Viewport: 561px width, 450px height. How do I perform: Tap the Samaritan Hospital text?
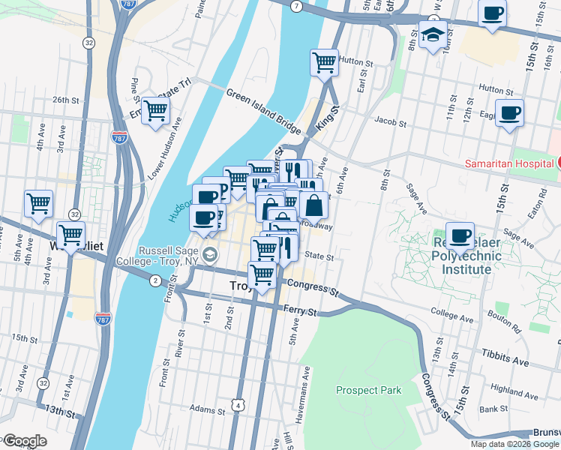click(x=509, y=163)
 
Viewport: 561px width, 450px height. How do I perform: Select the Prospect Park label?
click(x=368, y=390)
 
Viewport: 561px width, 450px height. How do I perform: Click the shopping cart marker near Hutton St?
click(x=324, y=62)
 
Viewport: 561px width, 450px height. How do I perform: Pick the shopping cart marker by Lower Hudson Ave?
click(x=155, y=111)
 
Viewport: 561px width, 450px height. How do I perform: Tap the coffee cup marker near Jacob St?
click(x=509, y=114)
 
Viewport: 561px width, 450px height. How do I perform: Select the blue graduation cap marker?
click(x=433, y=34)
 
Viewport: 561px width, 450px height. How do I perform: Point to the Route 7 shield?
click(x=297, y=7)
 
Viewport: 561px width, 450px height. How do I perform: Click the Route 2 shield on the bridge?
click(x=155, y=280)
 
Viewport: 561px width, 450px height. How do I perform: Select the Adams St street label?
click(x=208, y=409)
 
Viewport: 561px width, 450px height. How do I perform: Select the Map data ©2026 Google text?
click(x=514, y=444)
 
